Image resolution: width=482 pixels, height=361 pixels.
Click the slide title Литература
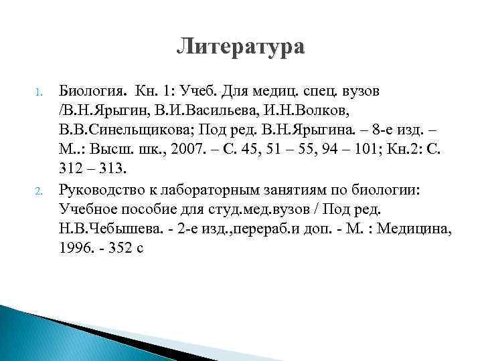[x=240, y=47]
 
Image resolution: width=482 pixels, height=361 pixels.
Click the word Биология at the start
[x=86, y=91]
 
